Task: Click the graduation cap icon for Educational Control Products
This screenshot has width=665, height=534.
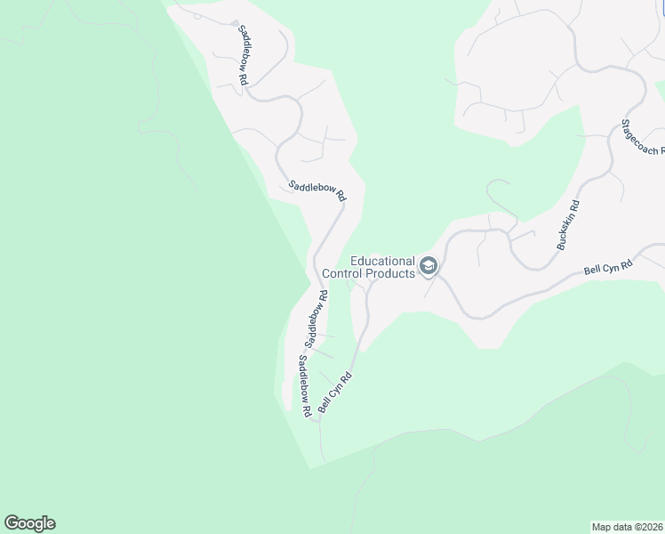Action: coord(429,266)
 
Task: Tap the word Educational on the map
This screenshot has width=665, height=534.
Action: coord(383,262)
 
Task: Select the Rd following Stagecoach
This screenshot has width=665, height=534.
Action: coord(661,152)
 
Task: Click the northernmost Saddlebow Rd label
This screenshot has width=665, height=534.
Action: coord(242,54)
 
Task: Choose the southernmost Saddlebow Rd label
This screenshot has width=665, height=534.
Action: coord(304,386)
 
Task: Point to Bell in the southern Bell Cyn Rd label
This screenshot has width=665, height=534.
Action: coord(325,402)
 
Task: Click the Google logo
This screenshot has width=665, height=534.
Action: coord(29,523)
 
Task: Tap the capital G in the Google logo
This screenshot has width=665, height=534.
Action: coord(11,522)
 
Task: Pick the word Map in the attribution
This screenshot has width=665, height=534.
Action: coord(602,526)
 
